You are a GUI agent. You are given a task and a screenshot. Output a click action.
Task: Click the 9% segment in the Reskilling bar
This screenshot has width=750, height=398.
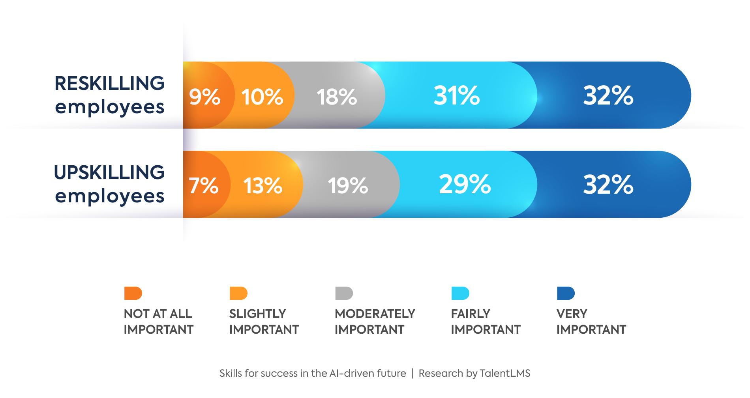point(204,96)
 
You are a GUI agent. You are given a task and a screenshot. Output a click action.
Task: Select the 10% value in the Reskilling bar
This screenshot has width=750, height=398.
point(262,96)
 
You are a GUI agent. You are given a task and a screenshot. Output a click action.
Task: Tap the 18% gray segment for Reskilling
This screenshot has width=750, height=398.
point(337,96)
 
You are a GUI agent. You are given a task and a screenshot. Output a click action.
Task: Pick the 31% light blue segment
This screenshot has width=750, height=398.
point(457,95)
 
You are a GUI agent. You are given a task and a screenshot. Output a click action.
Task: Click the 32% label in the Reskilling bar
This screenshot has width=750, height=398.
point(608,95)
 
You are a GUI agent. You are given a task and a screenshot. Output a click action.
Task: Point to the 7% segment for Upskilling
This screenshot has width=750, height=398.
point(203,185)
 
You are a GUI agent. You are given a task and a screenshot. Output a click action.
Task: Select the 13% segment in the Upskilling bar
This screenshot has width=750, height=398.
point(263,185)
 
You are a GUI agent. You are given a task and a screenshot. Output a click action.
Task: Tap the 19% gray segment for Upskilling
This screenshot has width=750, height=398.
point(348,185)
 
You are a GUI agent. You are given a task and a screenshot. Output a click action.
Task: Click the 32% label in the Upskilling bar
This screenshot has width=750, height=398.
point(608,184)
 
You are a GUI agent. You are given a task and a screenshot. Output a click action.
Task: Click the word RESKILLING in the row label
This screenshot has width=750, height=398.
point(109,83)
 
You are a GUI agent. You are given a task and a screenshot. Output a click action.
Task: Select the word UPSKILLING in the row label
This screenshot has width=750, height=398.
point(109,172)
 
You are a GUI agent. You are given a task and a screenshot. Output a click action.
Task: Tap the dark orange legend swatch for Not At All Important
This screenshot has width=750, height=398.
point(133,293)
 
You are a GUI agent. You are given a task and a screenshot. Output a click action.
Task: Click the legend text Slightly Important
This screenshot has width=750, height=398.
point(264,321)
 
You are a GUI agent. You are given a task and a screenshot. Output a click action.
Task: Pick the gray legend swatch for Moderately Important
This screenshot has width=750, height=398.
point(344,293)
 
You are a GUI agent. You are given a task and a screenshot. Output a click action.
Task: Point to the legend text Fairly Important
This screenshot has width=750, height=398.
point(486,321)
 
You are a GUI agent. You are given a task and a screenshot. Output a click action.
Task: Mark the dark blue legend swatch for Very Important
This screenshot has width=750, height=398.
point(566,293)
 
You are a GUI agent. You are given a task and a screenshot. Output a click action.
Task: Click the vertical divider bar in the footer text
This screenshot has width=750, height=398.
point(412,373)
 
